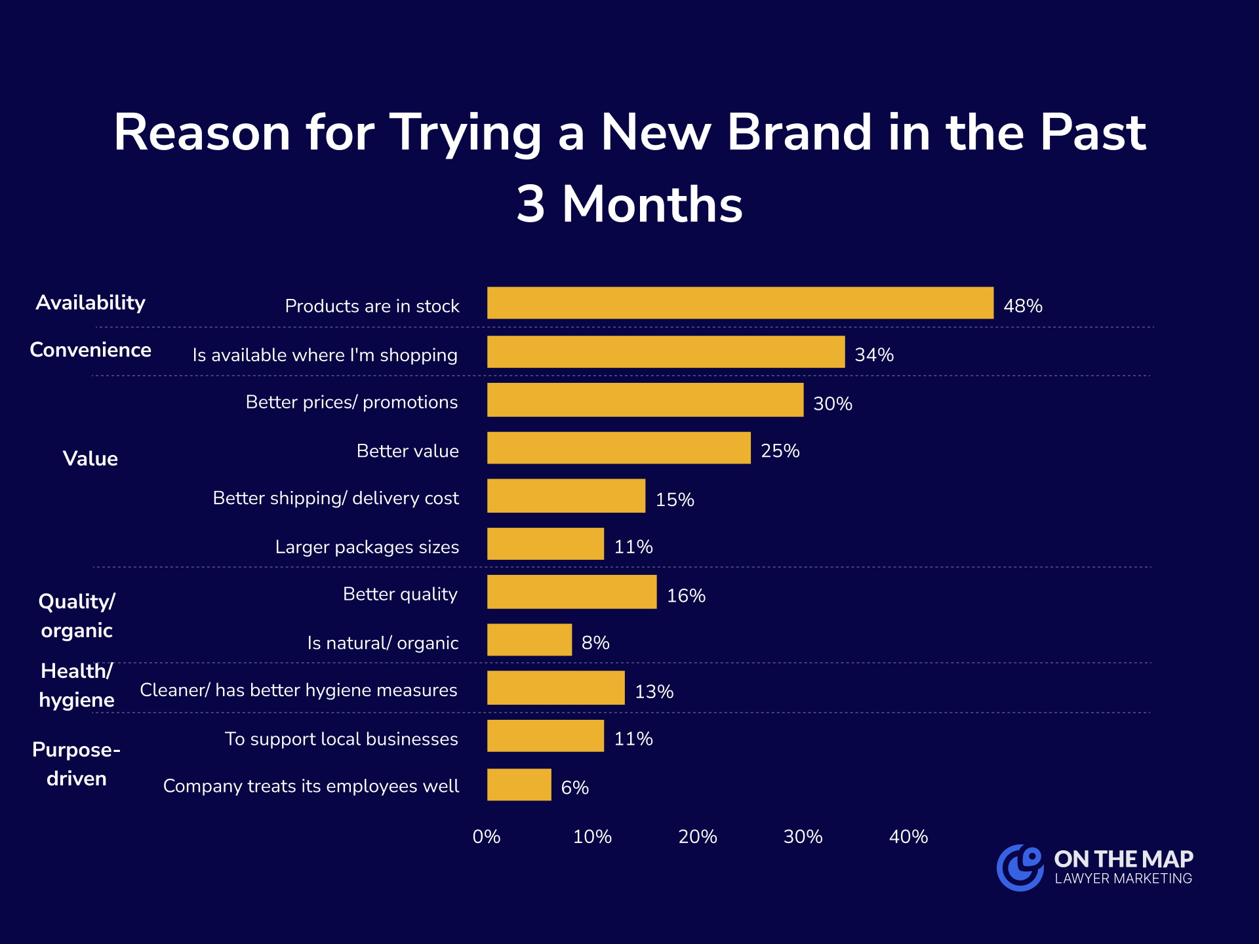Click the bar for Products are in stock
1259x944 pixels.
coord(740,303)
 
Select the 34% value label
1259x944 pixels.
coord(874,355)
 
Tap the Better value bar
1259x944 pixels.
coord(618,448)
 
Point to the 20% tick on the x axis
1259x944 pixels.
coord(697,836)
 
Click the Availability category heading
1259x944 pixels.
coord(90,302)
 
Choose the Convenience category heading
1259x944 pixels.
coord(90,350)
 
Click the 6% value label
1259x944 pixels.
coord(574,787)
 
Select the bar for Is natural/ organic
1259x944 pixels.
coord(529,640)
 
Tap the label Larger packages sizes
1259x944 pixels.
coord(367,547)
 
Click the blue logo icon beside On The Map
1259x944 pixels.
coord(1020,867)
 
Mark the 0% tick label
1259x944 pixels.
coord(486,836)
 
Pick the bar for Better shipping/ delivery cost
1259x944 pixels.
coord(566,496)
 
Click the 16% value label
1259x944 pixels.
coord(686,595)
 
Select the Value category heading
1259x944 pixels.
coord(90,458)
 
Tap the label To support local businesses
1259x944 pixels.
coord(341,739)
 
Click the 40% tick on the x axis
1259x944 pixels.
coord(908,836)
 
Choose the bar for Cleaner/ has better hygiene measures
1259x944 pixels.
coord(555,688)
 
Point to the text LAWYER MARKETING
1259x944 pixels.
coord(1123,878)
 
